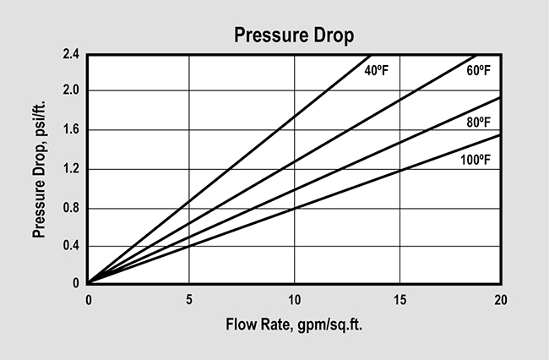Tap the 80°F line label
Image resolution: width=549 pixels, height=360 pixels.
(478, 123)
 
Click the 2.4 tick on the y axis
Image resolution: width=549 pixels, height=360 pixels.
(71, 54)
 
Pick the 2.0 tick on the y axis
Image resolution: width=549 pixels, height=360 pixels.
(71, 90)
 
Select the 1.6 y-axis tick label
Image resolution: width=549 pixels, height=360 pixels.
(71, 129)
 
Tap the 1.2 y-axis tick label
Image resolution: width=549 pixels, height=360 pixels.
(71, 168)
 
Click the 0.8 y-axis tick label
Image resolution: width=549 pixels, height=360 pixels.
(71, 207)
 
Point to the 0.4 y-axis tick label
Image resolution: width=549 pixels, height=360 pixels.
(71, 246)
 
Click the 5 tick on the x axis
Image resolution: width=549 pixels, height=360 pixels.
(190, 299)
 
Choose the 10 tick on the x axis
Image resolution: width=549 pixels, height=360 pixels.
(294, 299)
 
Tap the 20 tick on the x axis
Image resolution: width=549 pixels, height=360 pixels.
(501, 299)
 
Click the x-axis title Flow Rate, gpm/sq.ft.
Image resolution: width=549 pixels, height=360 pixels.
(294, 325)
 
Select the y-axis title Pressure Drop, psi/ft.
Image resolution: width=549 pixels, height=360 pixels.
(40, 169)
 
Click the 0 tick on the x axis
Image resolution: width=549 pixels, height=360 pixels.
(88, 299)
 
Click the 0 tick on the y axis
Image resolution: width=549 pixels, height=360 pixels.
(76, 284)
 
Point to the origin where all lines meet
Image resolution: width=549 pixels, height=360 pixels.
(88, 283)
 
